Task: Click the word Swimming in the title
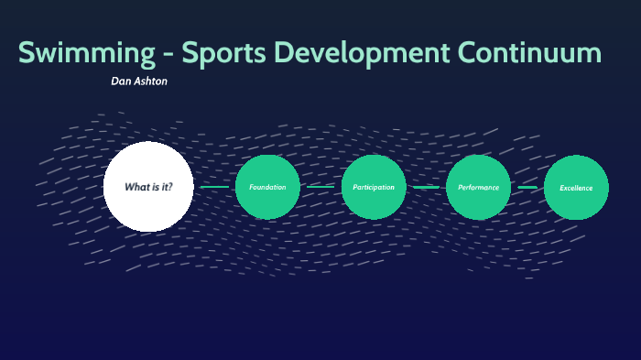86,53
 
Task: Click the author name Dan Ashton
139,82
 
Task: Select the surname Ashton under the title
152,82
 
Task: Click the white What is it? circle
148,187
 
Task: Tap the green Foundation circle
267,187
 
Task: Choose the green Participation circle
374,187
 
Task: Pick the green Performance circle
478,187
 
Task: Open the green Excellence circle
576,188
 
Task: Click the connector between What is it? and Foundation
214,187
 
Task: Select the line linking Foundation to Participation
320,187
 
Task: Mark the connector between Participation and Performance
426,187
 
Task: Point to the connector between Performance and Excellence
527,187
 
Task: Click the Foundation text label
267,187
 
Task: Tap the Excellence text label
576,188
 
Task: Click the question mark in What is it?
169,187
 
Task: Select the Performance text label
478,187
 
